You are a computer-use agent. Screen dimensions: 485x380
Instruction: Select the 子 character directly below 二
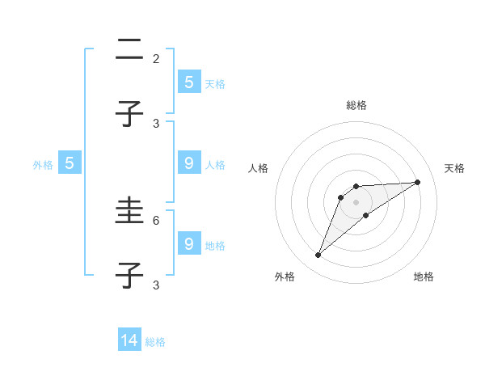[x=129, y=113]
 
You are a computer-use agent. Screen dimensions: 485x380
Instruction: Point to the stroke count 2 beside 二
[x=156, y=58]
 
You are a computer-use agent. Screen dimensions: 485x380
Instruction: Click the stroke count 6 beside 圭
[x=156, y=220]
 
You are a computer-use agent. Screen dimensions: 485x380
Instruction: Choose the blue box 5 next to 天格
[x=188, y=82]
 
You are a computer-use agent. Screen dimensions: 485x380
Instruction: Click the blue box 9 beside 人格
[x=188, y=163]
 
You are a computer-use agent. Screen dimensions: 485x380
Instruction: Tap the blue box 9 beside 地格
[x=188, y=244]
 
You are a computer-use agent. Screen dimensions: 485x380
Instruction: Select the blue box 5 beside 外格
[x=70, y=163]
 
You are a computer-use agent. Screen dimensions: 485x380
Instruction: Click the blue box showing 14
[x=129, y=340]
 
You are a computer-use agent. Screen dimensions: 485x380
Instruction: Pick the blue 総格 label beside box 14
[x=155, y=342]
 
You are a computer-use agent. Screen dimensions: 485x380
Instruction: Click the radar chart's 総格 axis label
[x=356, y=105]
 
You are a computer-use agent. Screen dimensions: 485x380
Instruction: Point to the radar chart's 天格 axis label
[x=454, y=168]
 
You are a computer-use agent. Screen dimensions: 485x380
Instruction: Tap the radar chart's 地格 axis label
[x=424, y=277]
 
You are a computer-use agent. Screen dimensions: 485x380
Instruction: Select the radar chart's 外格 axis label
[x=285, y=277]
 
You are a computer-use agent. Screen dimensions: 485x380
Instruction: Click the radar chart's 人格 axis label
[x=259, y=168]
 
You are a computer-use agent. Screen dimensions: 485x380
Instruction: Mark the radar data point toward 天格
[x=418, y=182]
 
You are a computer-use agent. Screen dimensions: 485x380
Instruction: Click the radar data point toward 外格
[x=318, y=255]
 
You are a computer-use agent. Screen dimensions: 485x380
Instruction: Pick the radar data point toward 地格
[x=366, y=215]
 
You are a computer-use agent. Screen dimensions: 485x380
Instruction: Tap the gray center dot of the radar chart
[x=356, y=201]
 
